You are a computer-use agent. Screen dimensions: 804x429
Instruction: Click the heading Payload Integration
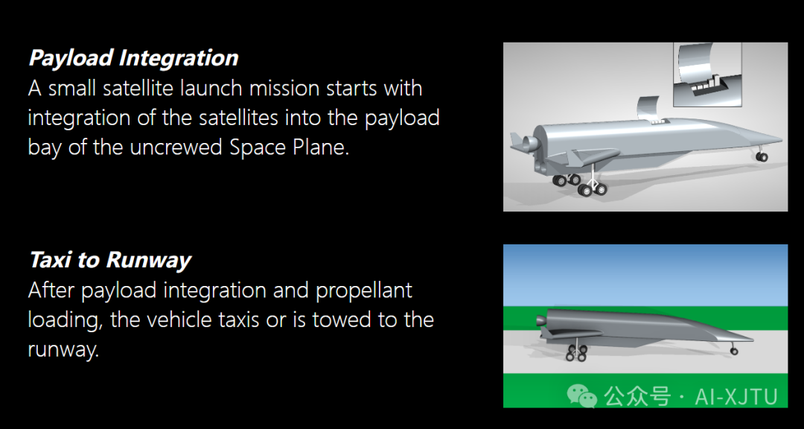pyautogui.click(x=133, y=58)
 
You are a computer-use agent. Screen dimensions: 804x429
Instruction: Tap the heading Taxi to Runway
pyautogui.click(x=110, y=260)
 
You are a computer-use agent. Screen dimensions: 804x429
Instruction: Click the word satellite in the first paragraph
pyautogui.click(x=138, y=89)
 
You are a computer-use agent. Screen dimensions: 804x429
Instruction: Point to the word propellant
pyautogui.click(x=363, y=291)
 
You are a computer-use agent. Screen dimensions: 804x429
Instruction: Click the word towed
pyautogui.click(x=342, y=320)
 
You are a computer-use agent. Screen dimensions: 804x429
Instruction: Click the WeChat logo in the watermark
pyautogui.click(x=582, y=396)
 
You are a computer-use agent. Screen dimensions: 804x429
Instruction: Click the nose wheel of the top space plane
pyautogui.click(x=762, y=156)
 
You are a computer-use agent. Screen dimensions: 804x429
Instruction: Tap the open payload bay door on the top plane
pyautogui.click(x=647, y=107)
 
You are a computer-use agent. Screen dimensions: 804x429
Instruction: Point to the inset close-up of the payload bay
pyautogui.click(x=708, y=74)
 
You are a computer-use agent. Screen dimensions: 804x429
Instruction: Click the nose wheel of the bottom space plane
pyautogui.click(x=734, y=351)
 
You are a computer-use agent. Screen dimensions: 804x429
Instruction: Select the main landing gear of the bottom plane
pyautogui.click(x=576, y=352)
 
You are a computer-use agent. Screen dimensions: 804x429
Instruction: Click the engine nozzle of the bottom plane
pyautogui.click(x=540, y=321)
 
